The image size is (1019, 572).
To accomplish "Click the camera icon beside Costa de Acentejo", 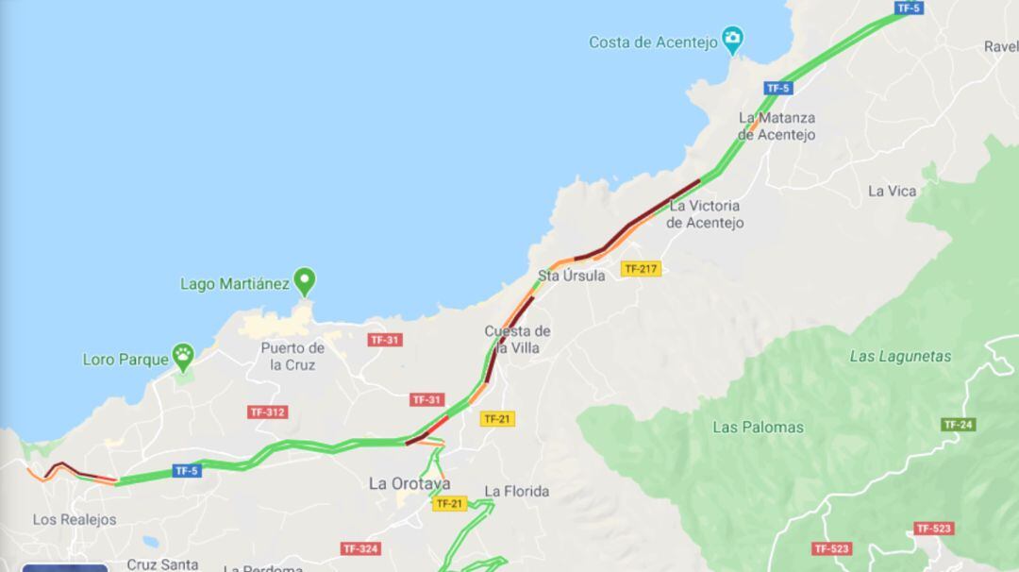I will [732, 40].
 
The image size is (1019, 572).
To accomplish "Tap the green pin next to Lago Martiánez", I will [304, 282].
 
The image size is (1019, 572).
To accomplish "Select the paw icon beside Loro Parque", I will [183, 358].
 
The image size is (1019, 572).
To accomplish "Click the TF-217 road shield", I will [641, 269].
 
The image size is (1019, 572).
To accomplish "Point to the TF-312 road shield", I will [267, 412].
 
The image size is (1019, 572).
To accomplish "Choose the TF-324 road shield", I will [360, 548].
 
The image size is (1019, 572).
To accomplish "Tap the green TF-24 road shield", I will [957, 425].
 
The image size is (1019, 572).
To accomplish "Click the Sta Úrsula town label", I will [571, 276].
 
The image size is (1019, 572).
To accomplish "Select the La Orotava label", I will [409, 483].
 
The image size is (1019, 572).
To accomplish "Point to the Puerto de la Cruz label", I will [292, 356].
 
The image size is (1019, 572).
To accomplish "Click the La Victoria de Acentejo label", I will [705, 214].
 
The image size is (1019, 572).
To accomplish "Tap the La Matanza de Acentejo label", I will [777, 126].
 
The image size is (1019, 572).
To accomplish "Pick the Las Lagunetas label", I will [900, 356].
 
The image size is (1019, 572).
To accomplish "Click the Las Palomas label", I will [758, 427].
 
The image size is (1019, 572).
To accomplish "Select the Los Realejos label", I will [75, 519].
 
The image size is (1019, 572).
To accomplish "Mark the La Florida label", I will [516, 491].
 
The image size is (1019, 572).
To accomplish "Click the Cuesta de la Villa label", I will [517, 339].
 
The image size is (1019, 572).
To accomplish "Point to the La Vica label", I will [892, 191].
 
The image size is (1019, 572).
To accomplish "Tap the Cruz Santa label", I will [162, 564].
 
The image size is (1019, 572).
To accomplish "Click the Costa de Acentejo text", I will [653, 42].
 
